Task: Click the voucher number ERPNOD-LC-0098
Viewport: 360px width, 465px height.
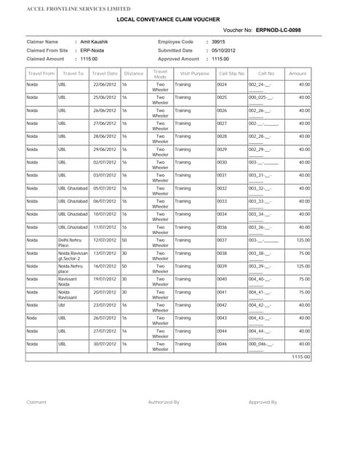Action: pyautogui.click(x=278, y=31)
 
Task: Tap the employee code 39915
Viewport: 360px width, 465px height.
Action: pyautogui.click(x=218, y=42)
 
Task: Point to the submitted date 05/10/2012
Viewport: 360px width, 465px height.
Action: pyautogui.click(x=223, y=51)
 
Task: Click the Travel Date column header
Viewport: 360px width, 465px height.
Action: pyautogui.click(x=105, y=73)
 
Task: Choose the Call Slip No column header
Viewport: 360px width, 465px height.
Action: pyautogui.click(x=232, y=73)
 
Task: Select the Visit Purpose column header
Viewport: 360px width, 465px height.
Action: pyautogui.click(x=194, y=73)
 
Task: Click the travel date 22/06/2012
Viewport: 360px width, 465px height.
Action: pyautogui.click(x=105, y=85)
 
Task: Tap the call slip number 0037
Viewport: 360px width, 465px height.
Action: pyautogui.click(x=223, y=240)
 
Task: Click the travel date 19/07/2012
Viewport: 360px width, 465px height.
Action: pyautogui.click(x=105, y=278)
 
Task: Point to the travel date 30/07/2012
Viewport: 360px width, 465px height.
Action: pyautogui.click(x=105, y=344)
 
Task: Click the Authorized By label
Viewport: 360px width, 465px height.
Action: pyautogui.click(x=164, y=402)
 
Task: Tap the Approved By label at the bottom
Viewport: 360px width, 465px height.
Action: pyautogui.click(x=263, y=402)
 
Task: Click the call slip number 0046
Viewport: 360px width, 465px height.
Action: pyautogui.click(x=223, y=344)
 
